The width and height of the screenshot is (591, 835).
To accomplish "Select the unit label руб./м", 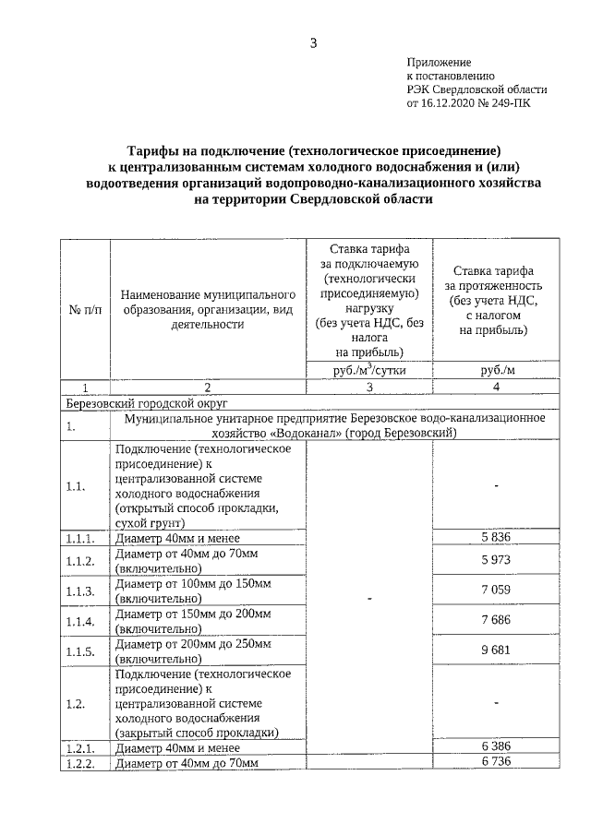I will [497, 370].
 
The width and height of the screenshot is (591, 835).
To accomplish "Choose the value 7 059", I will [497, 590].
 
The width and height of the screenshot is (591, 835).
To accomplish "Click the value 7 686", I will [497, 620].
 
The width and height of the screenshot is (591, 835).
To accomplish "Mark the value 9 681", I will [497, 650].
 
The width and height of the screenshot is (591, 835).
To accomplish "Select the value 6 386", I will [497, 746].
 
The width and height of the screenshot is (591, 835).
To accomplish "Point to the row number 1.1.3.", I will [78, 591].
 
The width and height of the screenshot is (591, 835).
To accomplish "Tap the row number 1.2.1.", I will [78, 747].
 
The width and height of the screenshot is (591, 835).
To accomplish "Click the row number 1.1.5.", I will [78, 651].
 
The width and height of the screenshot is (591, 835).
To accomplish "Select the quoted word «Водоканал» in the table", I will [306, 433].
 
